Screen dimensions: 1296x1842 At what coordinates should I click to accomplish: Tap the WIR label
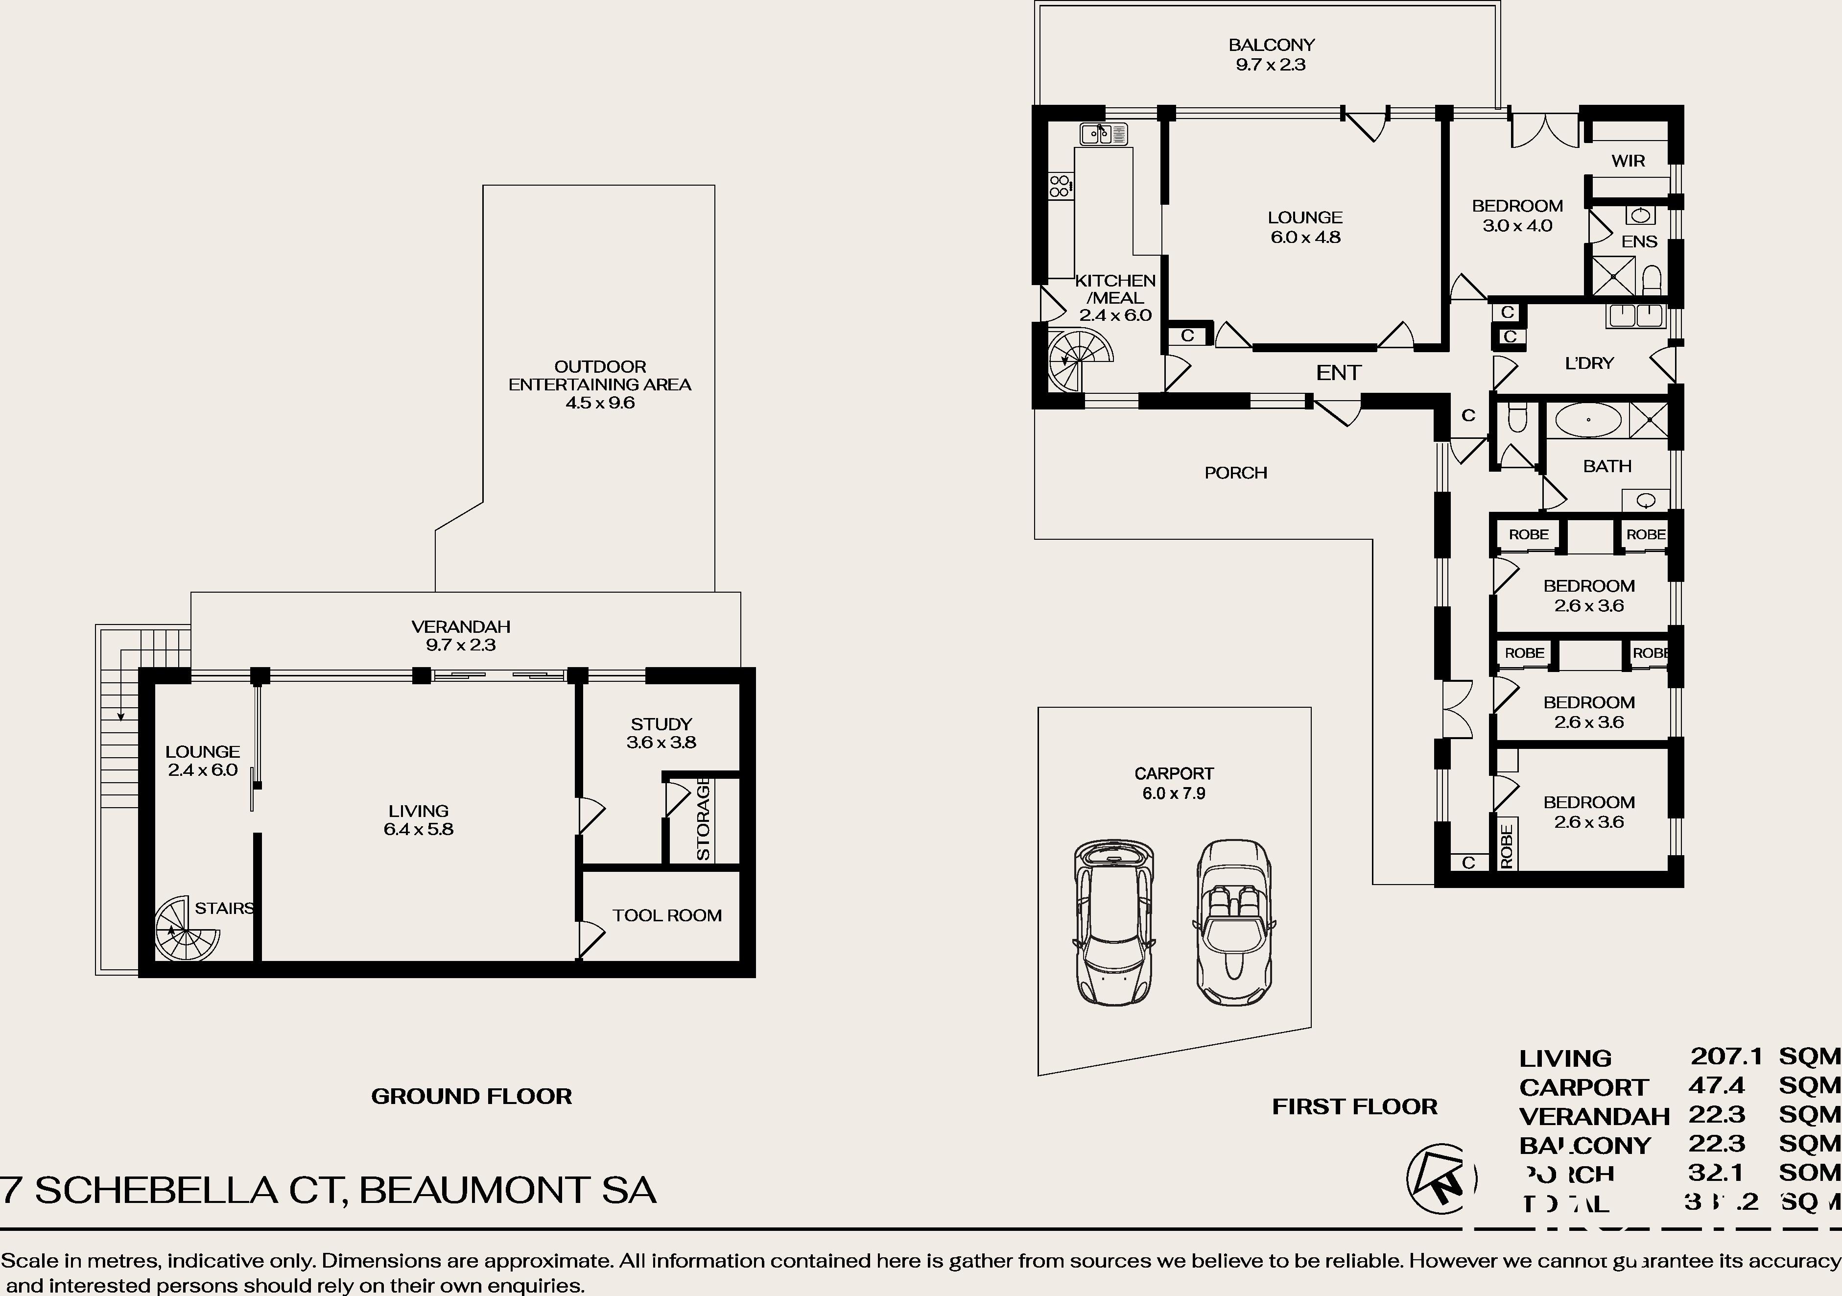(x=1628, y=161)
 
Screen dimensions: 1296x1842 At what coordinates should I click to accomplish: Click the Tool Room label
(x=667, y=915)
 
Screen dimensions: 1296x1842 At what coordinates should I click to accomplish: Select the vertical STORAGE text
(x=704, y=818)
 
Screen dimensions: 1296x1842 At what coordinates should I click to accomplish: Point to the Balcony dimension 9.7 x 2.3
(x=1271, y=65)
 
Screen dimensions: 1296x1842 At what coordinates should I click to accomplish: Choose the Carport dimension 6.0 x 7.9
(x=1174, y=793)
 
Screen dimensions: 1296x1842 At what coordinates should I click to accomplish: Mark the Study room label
(x=660, y=724)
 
